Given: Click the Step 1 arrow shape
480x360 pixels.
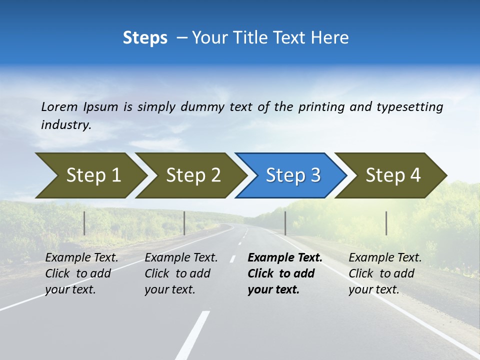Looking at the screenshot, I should tap(90, 175).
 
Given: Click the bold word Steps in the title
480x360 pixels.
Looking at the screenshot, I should tap(145, 38).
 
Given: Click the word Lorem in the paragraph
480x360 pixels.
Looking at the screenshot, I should tap(59, 107).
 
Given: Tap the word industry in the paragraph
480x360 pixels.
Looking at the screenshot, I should tap(65, 125).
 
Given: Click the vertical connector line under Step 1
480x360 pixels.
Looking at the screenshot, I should tap(84, 223).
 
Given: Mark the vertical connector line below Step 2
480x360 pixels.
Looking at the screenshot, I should tap(184, 223).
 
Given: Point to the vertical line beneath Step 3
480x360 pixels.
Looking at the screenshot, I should tap(285, 223).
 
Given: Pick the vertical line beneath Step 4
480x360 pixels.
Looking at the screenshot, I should tap(386, 223).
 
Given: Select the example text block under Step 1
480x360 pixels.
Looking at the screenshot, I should tap(81, 273).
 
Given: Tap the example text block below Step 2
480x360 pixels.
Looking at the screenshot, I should tap(180, 273).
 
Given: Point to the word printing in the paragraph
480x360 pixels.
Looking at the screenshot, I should tap(320, 107).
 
